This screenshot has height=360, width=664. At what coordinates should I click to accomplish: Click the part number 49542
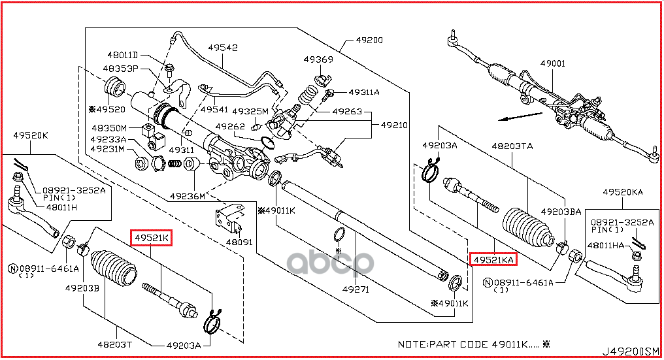click(x=223, y=48)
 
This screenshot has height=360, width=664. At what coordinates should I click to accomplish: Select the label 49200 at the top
click(x=369, y=40)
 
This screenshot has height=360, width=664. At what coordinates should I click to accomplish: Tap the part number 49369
click(x=318, y=59)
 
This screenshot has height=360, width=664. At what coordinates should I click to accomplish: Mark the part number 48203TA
click(x=513, y=146)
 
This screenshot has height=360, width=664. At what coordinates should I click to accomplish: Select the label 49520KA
click(x=623, y=192)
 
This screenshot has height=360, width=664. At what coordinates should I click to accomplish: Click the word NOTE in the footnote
click(x=412, y=343)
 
